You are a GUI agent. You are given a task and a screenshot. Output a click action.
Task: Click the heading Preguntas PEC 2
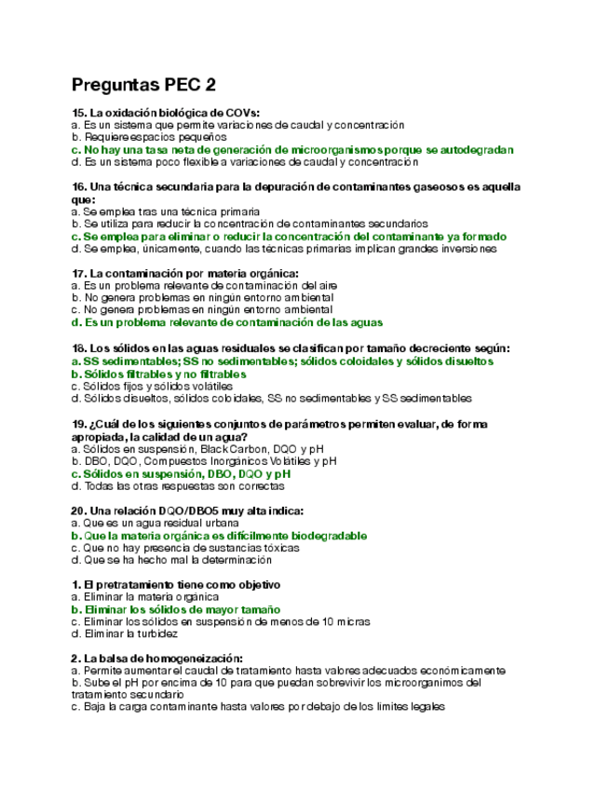(143, 85)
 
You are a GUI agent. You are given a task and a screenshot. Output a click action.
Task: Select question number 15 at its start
(78, 112)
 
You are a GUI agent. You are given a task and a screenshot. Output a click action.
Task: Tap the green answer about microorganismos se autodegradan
(291, 149)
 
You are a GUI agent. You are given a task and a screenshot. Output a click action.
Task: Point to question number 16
(78, 187)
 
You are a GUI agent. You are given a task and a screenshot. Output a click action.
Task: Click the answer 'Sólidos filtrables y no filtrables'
(158, 374)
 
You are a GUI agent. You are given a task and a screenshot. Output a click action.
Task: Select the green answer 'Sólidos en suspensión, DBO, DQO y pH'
(180, 473)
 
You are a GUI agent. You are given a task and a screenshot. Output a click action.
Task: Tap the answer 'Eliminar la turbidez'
(124, 633)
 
